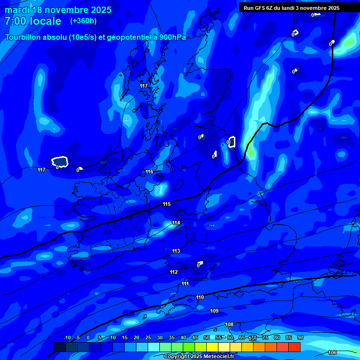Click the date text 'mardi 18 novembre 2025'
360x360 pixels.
point(58,10)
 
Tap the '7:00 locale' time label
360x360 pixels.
point(33,21)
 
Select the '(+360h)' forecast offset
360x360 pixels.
point(83,21)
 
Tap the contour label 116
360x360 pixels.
point(150,172)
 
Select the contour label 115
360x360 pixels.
point(166,204)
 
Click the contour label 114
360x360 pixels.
point(176,223)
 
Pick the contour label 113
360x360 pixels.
point(176,251)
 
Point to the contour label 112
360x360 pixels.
point(174,272)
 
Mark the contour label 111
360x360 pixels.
point(185,284)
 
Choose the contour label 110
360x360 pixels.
point(200,298)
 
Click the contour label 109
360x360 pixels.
point(214,311)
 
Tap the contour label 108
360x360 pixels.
point(229,325)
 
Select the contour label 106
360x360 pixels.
point(332,352)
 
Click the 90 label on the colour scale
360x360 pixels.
point(300,337)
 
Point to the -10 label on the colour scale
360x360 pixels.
point(67,337)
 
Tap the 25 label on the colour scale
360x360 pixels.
point(148,337)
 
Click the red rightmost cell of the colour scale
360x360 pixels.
point(294,347)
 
